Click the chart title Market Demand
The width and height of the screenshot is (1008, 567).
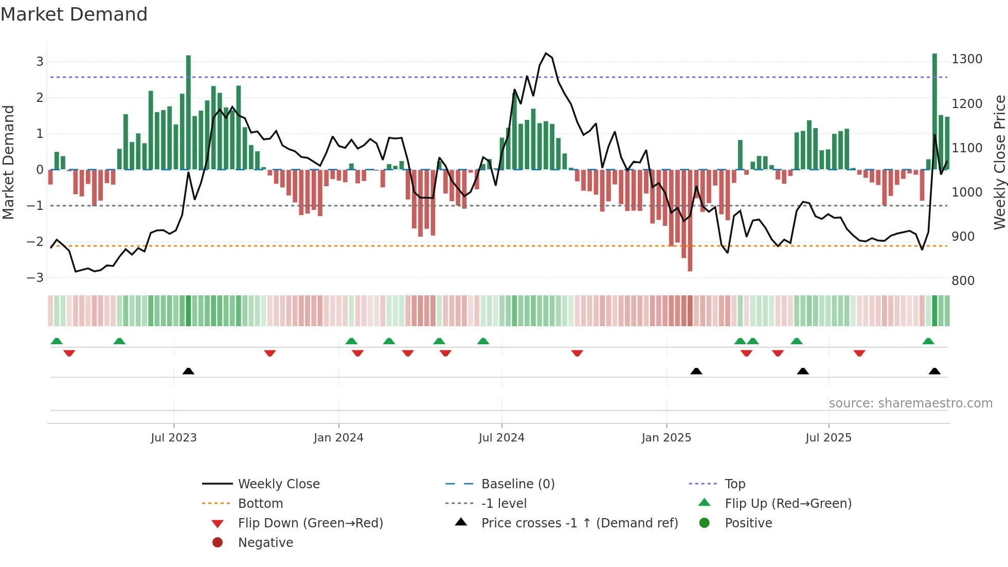pyautogui.click(x=74, y=14)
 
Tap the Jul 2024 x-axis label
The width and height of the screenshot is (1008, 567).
pyautogui.click(x=501, y=438)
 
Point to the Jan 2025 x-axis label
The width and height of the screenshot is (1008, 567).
pyautogui.click(x=667, y=438)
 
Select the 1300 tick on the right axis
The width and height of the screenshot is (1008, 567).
pyautogui.click(x=967, y=59)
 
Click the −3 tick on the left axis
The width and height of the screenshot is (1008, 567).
pyautogui.click(x=35, y=278)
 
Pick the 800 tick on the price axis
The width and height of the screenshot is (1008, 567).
pyautogui.click(x=963, y=281)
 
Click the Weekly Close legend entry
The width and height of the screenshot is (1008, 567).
pyautogui.click(x=278, y=484)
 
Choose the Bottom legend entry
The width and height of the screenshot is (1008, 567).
pyautogui.click(x=260, y=504)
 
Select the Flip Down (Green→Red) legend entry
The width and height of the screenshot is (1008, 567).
pyautogui.click(x=310, y=523)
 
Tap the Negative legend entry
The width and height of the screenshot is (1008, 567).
pyautogui.click(x=265, y=543)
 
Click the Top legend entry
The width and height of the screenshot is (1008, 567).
pyautogui.click(x=735, y=484)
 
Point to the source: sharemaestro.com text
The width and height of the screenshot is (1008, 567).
pyautogui.click(x=910, y=403)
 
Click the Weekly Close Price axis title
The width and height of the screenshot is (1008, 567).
pyautogui.click(x=999, y=162)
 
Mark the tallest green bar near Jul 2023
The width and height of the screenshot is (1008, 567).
pyautogui.click(x=188, y=112)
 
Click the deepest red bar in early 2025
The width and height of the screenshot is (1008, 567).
pyautogui.click(x=690, y=220)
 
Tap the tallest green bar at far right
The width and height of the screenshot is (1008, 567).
pyautogui.click(x=934, y=111)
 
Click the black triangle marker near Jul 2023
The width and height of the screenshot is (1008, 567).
pyautogui.click(x=188, y=371)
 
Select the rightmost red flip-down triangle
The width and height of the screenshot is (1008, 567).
pyautogui.click(x=859, y=353)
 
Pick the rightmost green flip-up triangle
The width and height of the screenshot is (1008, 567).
pyautogui.click(x=928, y=341)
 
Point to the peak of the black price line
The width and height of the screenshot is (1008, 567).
pyautogui.click(x=546, y=54)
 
